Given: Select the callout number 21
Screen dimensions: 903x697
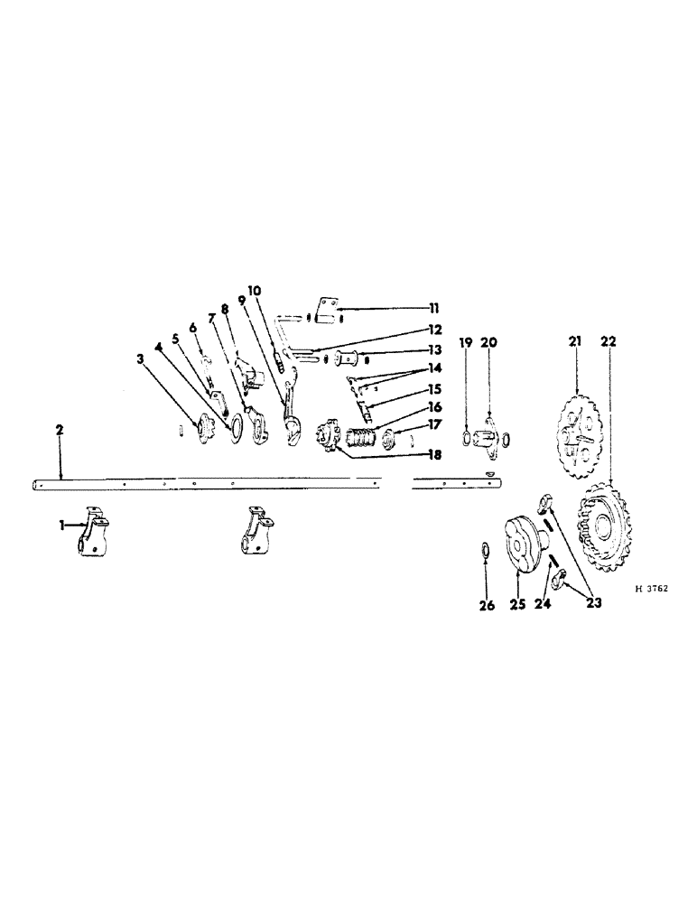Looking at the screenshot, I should click(576, 341).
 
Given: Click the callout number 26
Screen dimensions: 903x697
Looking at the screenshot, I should click(487, 606).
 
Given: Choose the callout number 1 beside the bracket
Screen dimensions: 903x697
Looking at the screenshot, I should click(62, 525).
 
